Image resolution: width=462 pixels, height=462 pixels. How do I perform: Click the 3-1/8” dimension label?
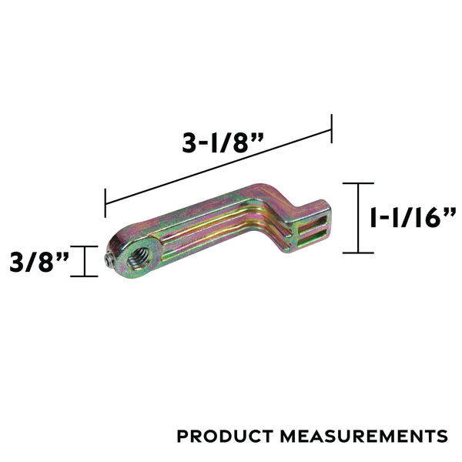pos(223,143)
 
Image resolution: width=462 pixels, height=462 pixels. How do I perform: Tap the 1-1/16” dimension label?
pos(413,217)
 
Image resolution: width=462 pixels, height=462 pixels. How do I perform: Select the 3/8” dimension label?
pos(39,262)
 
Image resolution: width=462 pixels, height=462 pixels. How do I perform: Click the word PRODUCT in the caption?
pos(225,436)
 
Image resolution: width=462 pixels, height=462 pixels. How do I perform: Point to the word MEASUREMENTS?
pos(364,436)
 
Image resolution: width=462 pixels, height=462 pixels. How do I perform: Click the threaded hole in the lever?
pos(139,259)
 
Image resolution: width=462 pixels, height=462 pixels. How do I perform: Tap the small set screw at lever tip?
pos(109,260)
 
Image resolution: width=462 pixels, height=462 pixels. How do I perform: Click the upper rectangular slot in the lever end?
pos(312,223)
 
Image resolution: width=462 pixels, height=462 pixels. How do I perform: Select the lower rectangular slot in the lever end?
pos(312,238)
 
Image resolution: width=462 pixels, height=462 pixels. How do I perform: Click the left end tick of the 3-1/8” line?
pos(105,203)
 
